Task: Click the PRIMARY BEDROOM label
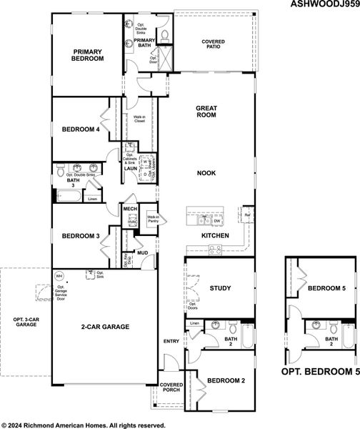[88, 55]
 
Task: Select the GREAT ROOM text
[206, 112]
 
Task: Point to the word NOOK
[206, 173]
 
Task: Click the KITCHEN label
[214, 235]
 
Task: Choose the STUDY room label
[220, 288]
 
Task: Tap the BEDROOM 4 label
[79, 129]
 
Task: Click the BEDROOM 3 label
[79, 236]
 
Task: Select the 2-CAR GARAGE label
[105, 327]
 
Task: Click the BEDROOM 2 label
[226, 381]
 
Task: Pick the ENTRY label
[171, 341]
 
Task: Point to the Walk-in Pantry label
[153, 220]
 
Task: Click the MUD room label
[143, 252]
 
